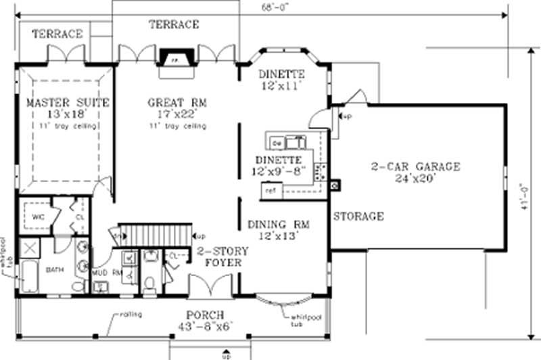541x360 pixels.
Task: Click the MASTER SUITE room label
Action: pos(68,103)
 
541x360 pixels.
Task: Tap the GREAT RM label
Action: pos(177,103)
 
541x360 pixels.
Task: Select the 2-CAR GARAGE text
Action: pos(415,166)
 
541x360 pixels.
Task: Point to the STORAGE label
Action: pos(358,217)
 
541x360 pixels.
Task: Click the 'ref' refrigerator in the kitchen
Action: pos(271,191)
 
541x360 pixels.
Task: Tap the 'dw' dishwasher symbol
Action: pos(277,143)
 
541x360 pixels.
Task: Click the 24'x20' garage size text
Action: pos(415,179)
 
